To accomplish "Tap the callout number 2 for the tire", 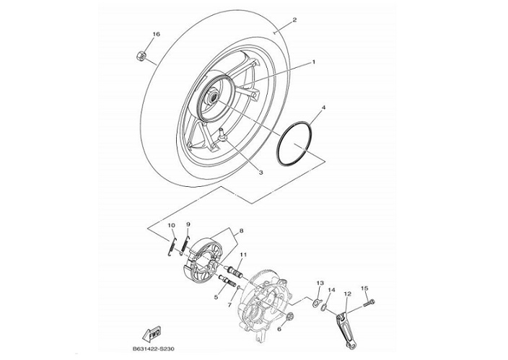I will [x=294, y=20].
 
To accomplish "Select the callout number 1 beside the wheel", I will [x=313, y=63].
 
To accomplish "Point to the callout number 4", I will [x=323, y=107].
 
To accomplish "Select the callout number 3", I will [x=260, y=172].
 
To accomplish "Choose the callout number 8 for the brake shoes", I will [x=240, y=231].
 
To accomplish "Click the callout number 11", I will [x=243, y=255].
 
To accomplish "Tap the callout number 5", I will [x=216, y=297].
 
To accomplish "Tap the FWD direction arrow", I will [x=153, y=334].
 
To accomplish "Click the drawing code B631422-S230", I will [x=154, y=349].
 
